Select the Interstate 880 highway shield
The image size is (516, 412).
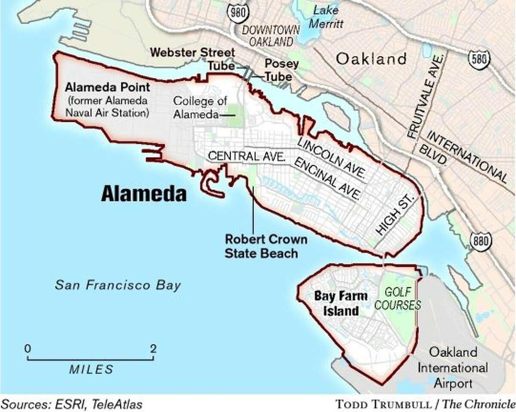point(479,241)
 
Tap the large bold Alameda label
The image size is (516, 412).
point(144,194)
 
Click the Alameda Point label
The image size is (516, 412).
point(107,88)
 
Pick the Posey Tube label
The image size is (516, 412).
point(275,70)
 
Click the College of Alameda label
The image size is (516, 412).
point(193,107)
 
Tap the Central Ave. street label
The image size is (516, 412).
point(247,156)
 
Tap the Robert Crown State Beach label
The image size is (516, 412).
point(261,246)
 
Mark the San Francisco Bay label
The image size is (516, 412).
point(118,285)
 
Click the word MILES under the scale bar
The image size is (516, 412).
point(91,369)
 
